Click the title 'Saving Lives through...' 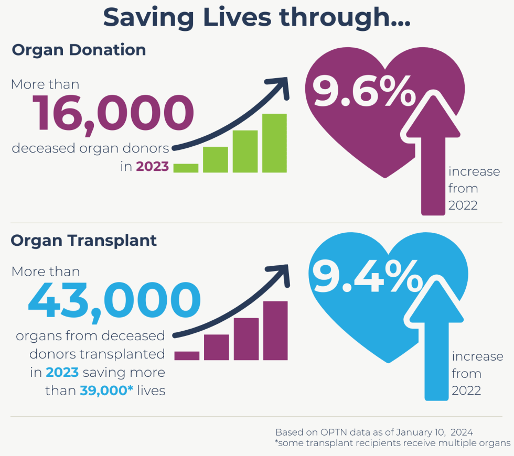[x=256, y=17]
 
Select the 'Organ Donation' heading [x=79, y=50]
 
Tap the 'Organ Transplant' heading [x=84, y=240]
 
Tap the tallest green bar [x=274, y=143]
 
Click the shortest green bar [x=186, y=168]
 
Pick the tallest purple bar [x=275, y=330]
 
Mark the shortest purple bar [x=187, y=355]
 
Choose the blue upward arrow [x=436, y=346]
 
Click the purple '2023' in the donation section [x=153, y=167]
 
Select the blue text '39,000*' [x=103, y=390]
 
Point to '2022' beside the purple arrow [x=463, y=205]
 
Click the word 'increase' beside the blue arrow [x=477, y=357]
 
